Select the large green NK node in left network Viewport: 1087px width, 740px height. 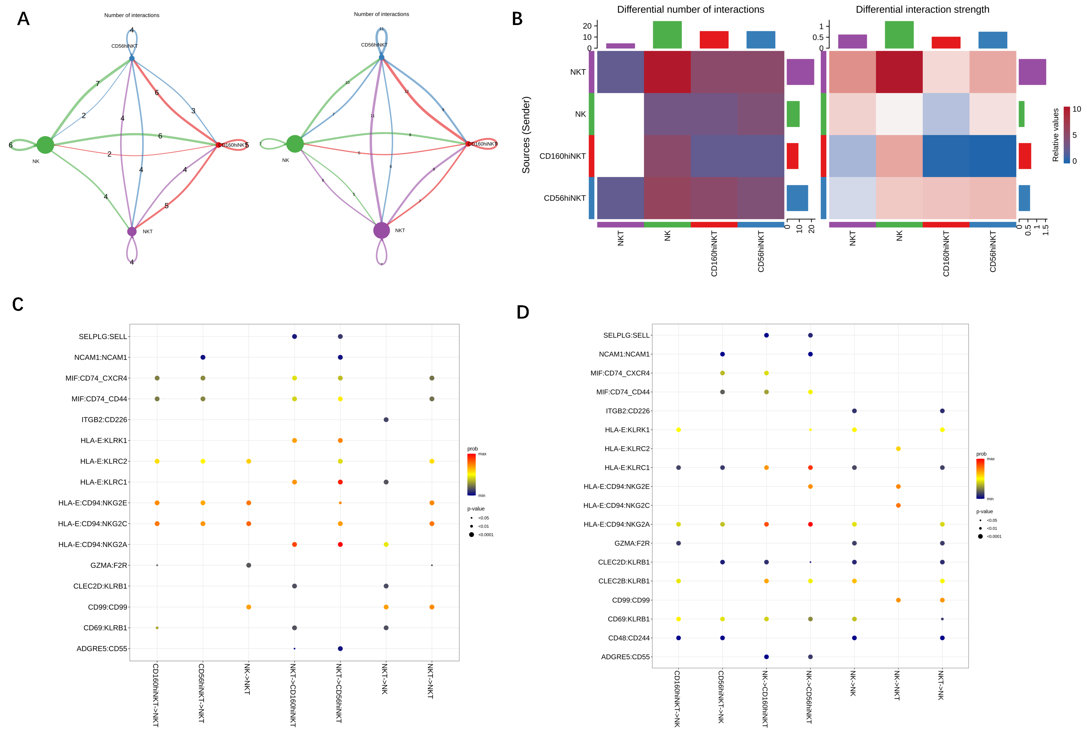(45, 145)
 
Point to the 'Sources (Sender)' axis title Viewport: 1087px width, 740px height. (526, 135)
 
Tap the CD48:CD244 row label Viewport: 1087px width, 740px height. (629, 638)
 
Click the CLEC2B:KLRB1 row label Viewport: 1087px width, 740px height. (624, 581)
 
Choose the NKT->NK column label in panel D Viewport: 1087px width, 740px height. (941, 685)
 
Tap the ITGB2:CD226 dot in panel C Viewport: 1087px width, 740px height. (386, 420)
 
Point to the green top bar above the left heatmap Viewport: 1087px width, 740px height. (667, 35)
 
